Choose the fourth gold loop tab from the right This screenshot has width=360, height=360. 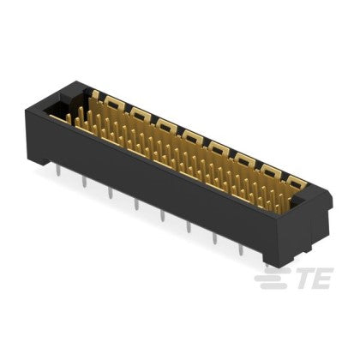coord(219,145)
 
